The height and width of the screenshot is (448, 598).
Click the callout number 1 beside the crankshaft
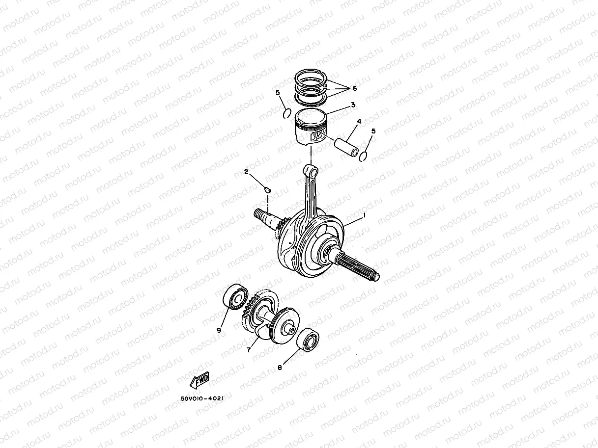[x=364, y=215]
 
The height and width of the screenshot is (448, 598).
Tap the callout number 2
[x=246, y=172]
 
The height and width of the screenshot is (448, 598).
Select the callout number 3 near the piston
[x=353, y=105]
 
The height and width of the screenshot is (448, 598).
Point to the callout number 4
[x=359, y=121]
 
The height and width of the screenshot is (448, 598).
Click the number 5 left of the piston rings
[x=278, y=93]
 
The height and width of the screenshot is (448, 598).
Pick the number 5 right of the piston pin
[x=373, y=131]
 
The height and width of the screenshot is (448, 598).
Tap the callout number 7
[x=249, y=350]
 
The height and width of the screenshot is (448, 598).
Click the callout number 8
[x=280, y=367]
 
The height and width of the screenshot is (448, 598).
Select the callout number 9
[x=219, y=330]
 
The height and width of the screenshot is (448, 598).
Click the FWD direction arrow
[x=199, y=379]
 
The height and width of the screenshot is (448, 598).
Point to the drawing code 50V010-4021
[x=202, y=398]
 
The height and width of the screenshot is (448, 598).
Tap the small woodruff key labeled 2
[x=267, y=187]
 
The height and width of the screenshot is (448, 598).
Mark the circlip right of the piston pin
[x=364, y=156]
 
